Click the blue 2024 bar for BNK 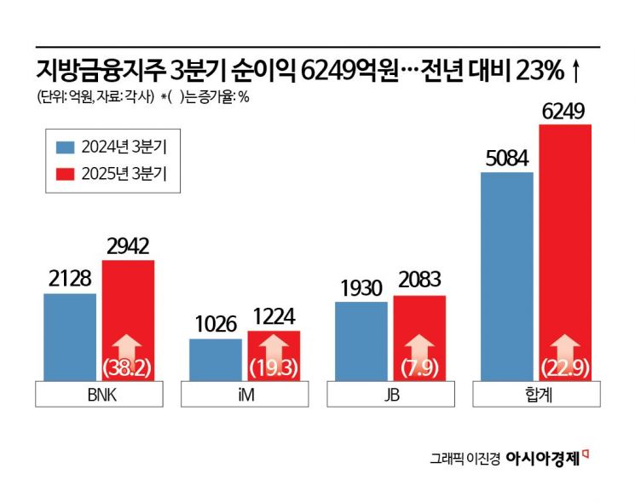pos(70,337)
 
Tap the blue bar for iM pos(216,359)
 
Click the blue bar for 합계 pos(507,277)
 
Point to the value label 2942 pos(128,247)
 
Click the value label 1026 pos(216,327)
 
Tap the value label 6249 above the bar pos(565,112)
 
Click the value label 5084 pos(507,159)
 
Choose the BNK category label pos(99,396)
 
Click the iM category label pos(245,396)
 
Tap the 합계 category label pos(536,396)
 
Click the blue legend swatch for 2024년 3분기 pos(66,147)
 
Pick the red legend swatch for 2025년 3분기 pos(66,173)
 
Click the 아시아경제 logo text pos(543,458)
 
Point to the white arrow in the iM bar pos(274,350)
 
